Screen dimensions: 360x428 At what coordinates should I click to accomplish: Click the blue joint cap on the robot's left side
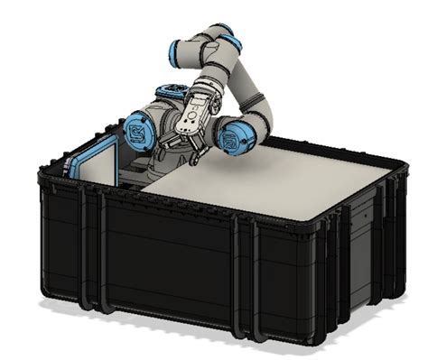coord(137,132)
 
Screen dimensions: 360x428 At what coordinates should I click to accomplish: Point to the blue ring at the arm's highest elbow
coord(229,40)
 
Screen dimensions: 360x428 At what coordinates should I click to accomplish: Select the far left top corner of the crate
coord(45,171)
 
